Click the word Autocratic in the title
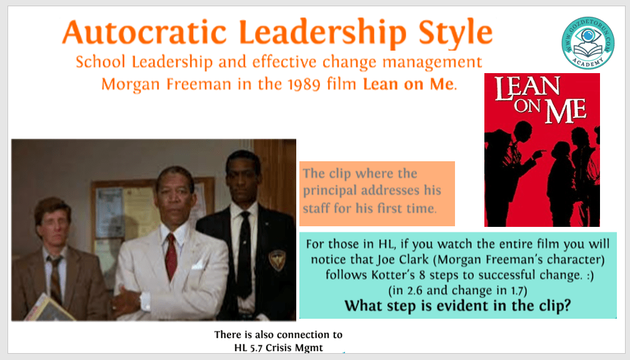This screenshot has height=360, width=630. (x=144, y=32)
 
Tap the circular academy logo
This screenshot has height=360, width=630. (x=587, y=43)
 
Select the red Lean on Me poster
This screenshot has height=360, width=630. (x=542, y=150)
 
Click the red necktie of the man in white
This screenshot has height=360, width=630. (x=171, y=256)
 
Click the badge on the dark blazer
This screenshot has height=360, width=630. (x=277, y=259)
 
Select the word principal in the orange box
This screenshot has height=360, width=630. (x=329, y=191)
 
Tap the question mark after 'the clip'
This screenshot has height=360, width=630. (x=566, y=306)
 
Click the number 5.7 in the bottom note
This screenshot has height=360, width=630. (x=256, y=347)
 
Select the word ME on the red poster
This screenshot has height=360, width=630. (x=565, y=111)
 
